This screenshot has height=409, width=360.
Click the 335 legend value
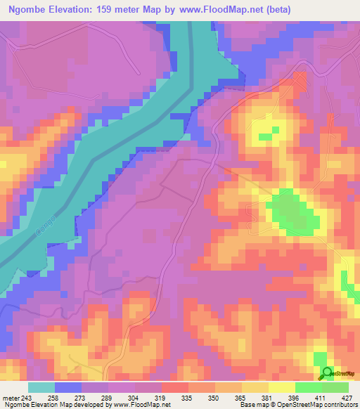(x=168, y=397)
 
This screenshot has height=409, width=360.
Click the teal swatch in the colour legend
(x=41, y=387)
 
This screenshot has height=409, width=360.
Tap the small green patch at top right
(x=265, y=136)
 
